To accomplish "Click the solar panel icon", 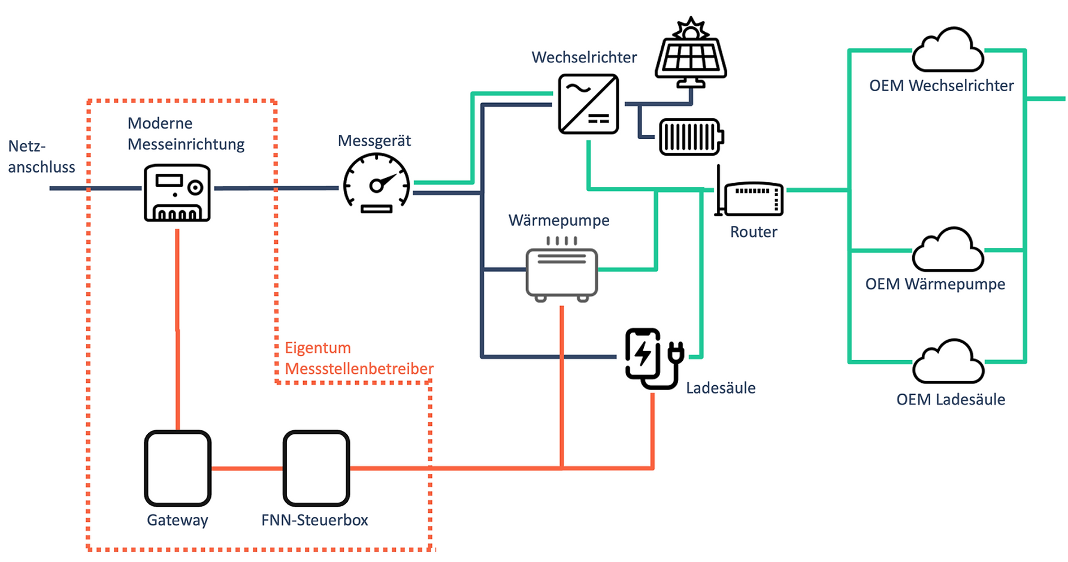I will [691, 54].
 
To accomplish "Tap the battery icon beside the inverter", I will [691, 137].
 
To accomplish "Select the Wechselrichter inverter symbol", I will [588, 104].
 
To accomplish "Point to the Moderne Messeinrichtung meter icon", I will [177, 193].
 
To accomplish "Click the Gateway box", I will [178, 468].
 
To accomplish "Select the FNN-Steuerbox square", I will [316, 468].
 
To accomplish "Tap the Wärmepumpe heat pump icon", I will [561, 271].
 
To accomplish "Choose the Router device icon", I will [752, 198].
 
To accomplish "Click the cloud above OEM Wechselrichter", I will [948, 53].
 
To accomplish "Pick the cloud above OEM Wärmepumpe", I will [948, 252].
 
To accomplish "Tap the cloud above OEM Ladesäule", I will [948, 363].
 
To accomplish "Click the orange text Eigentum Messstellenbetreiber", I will [358, 358].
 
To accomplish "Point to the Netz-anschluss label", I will [41, 156].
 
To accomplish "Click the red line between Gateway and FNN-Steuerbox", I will [247, 469].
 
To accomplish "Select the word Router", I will [753, 232].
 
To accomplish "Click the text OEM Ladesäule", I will [950, 400].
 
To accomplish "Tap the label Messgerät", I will [374, 141].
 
